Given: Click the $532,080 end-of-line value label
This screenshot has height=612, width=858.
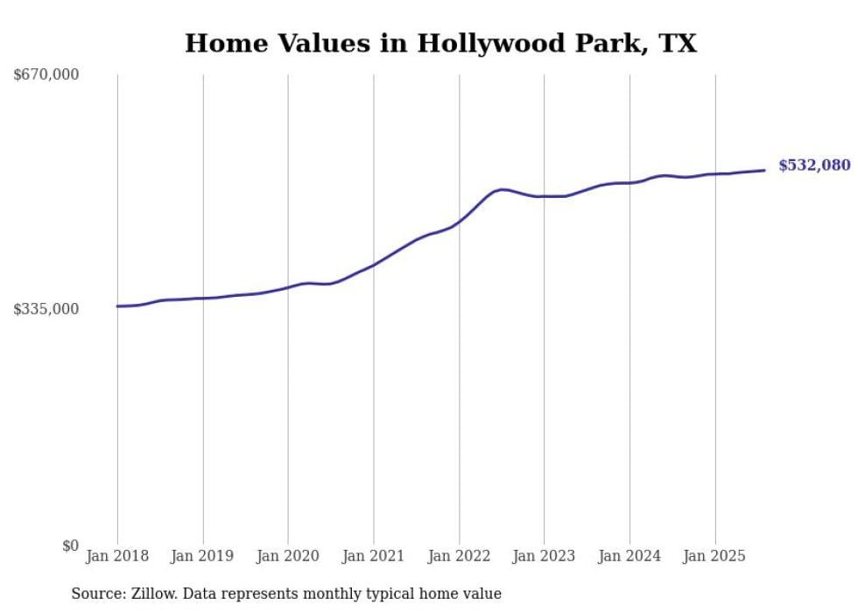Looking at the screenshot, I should (813, 165).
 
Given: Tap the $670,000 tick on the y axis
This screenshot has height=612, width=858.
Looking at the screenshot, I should (46, 75).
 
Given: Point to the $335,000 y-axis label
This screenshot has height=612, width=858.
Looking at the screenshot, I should (46, 309).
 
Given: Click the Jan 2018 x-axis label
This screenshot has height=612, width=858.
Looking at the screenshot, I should (117, 556).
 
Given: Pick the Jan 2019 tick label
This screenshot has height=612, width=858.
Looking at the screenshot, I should (203, 556).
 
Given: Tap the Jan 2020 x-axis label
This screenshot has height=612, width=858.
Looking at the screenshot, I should (288, 556).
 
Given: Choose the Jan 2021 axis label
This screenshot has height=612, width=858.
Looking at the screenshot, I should (374, 556).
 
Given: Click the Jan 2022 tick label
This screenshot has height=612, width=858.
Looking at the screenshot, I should (459, 556).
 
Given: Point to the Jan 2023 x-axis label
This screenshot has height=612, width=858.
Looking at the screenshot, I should (544, 556).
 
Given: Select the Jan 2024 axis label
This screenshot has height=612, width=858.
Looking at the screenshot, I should (629, 556).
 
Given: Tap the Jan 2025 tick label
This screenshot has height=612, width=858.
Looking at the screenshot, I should (715, 556).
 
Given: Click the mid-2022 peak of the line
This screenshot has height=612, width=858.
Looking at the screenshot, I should (502, 189).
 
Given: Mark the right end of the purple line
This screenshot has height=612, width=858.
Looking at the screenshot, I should (765, 170).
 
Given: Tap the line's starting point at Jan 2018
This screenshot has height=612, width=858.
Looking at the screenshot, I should (117, 306).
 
